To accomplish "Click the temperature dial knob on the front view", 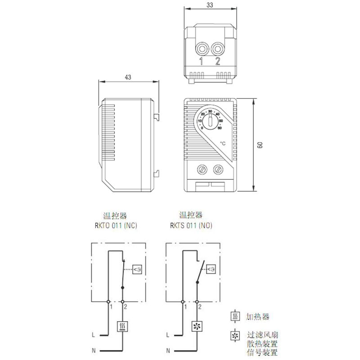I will [210, 121].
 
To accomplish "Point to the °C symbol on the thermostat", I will [223, 143].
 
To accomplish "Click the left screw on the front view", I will [202, 170].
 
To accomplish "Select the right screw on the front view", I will [219, 170].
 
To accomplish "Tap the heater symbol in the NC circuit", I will [122, 326].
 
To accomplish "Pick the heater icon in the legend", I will [234, 317].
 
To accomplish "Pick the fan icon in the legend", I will [234, 335].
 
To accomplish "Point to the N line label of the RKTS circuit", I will [168, 351].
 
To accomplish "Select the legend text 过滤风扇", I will [263, 335].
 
